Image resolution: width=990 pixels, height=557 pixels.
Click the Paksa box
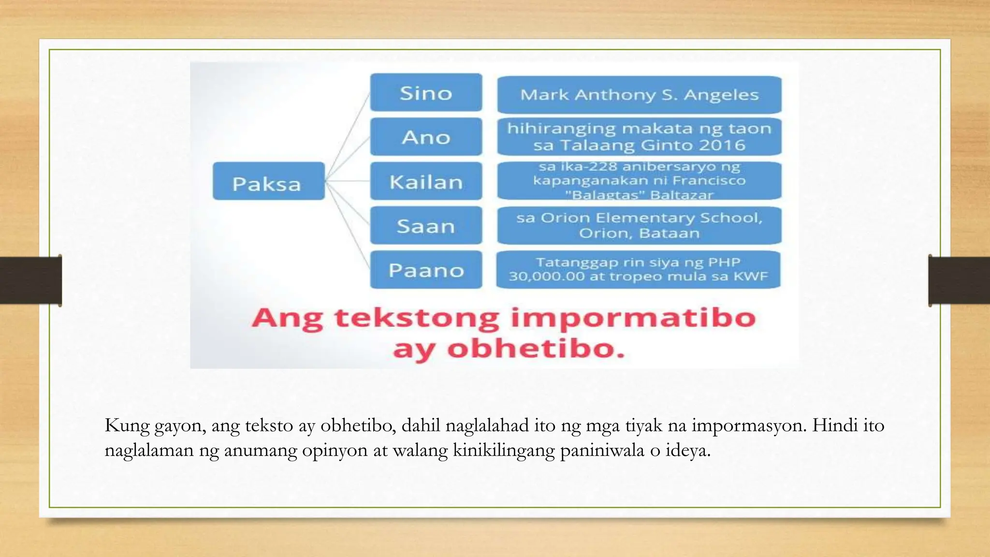pos(268,181)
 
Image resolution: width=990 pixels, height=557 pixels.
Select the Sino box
pos(426,92)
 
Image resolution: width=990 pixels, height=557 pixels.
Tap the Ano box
pos(426,137)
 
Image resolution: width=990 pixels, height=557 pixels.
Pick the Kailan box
pos(426,181)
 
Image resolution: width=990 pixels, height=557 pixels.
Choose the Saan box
pos(426,225)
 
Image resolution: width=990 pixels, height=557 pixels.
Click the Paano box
pos(426,270)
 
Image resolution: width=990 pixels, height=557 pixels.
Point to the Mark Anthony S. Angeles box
pos(639,94)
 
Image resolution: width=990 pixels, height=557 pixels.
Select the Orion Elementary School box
pos(639,225)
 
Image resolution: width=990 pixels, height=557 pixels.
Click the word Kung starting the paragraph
pos(127,425)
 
